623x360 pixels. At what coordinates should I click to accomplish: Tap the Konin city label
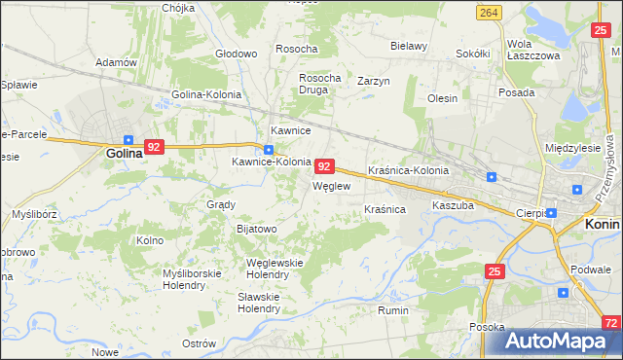[603, 223]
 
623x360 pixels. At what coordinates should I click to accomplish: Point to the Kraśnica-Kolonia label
[408, 170]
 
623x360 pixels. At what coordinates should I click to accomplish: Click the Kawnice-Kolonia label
[271, 162]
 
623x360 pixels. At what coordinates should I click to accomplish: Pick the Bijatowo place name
[257, 229]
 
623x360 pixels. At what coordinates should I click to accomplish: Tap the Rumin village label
[393, 310]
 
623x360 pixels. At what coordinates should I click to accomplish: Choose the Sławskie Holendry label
[259, 303]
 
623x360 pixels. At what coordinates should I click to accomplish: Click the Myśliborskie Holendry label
[190, 279]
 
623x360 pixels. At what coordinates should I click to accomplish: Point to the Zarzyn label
[373, 81]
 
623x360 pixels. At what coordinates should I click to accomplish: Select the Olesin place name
[442, 98]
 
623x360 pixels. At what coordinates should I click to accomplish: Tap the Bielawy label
[409, 46]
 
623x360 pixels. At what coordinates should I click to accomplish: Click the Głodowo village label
[236, 53]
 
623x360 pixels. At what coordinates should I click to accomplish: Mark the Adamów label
[115, 62]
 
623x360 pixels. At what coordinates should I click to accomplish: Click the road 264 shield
[490, 12]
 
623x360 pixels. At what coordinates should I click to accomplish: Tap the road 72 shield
[610, 322]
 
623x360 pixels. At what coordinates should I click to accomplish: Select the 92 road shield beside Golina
[154, 147]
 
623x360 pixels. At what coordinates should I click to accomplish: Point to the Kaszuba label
[453, 205]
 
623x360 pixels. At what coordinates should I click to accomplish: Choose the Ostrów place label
[199, 343]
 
